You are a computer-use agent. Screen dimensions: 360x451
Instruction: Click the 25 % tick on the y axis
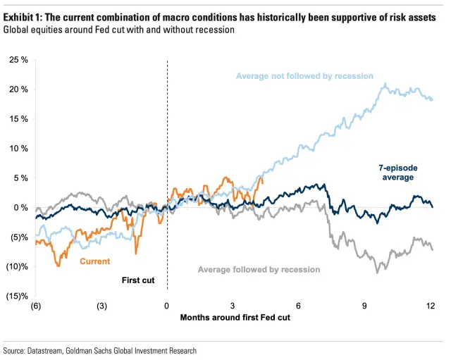(x=19, y=60)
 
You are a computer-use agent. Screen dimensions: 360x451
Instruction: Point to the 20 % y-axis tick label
(x=19, y=89)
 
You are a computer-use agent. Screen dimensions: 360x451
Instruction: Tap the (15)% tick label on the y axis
(x=17, y=296)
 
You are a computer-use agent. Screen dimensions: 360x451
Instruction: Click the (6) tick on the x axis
(x=36, y=305)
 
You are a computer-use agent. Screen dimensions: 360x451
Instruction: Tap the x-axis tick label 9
(x=365, y=305)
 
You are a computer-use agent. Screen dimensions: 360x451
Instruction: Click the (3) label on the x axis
(x=101, y=305)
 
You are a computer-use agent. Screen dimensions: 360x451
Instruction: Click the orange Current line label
(x=94, y=262)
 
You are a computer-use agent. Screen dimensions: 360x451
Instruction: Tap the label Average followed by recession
(x=259, y=270)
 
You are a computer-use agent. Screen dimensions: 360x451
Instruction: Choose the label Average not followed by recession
(x=304, y=76)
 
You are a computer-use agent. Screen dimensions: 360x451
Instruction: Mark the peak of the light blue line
(x=385, y=84)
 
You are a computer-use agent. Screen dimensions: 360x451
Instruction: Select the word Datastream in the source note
(x=51, y=350)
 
